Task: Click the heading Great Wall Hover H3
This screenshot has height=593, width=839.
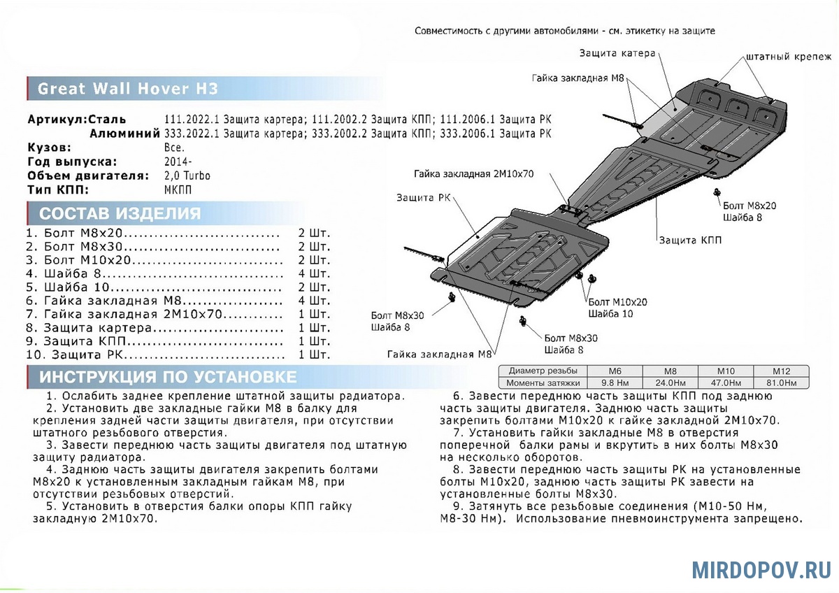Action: [127, 89]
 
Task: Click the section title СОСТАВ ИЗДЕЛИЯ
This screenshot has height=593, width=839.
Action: [120, 213]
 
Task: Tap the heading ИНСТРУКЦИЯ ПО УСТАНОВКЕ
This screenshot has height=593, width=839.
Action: [168, 377]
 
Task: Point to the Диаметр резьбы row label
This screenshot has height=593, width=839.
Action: [543, 371]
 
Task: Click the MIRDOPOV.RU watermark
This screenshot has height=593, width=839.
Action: [761, 569]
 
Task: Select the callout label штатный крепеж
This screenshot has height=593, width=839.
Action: [788, 56]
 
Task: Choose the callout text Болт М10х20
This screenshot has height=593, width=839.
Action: [617, 301]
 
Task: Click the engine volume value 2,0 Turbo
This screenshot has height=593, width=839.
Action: [187, 176]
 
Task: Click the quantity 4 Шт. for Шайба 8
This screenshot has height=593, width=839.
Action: [314, 273]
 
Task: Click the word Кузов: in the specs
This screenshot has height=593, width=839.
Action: [49, 148]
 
